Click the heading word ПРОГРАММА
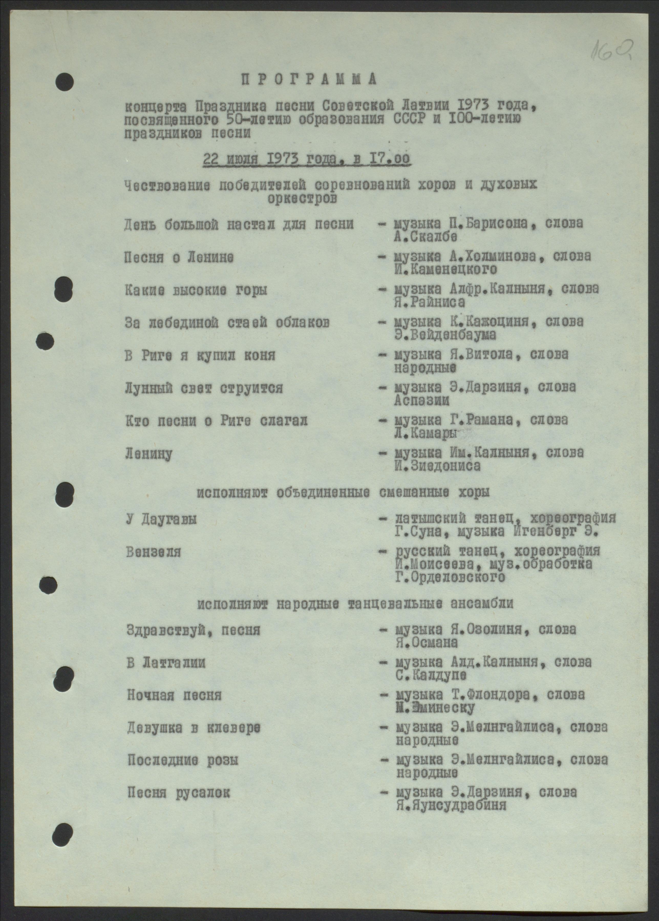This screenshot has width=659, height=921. click(309, 80)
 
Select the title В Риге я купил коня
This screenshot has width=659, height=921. click(200, 355)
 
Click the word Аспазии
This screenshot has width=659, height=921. click(422, 400)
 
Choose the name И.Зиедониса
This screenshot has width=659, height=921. click(438, 466)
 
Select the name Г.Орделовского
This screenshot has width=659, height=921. click(451, 577)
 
